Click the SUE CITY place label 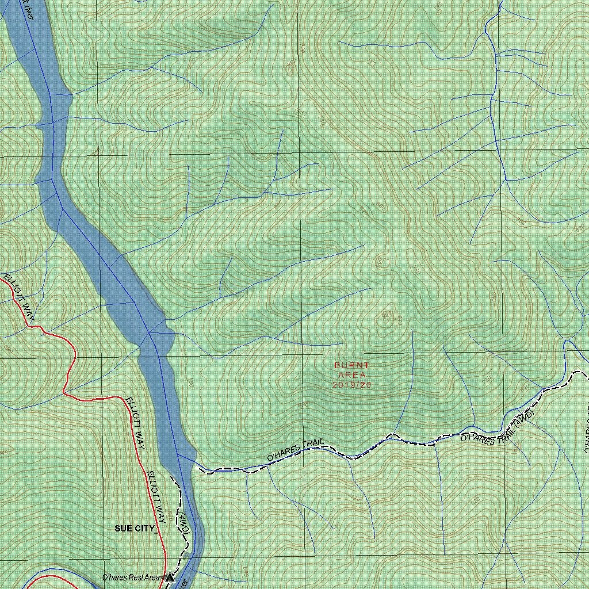coord(136,528)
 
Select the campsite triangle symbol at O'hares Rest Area coord(170,577)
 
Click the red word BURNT coord(352,365)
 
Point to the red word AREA coord(352,375)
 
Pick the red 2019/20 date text coord(352,385)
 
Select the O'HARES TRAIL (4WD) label coord(498,429)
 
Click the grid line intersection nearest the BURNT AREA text coord(303,352)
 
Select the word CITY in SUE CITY coord(145,528)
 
